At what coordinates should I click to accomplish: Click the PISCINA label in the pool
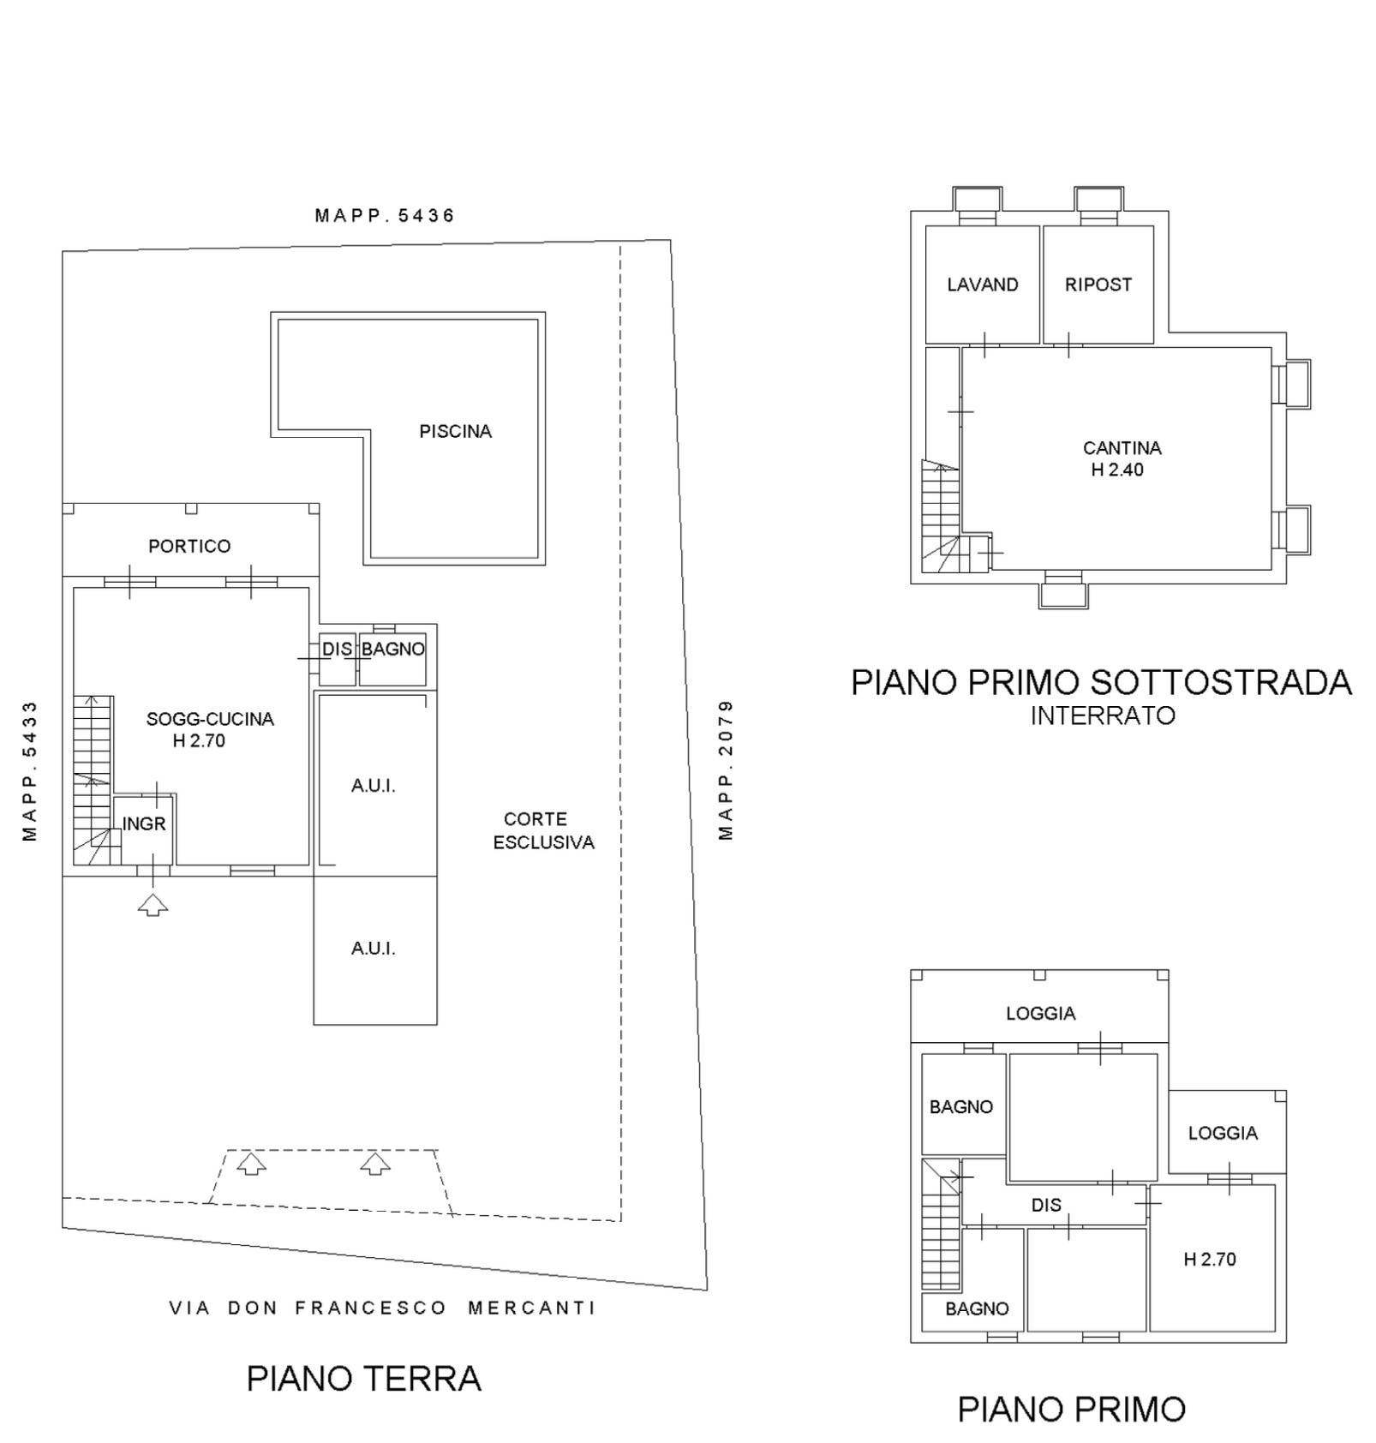pos(455,432)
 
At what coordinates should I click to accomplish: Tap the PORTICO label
pos(189,547)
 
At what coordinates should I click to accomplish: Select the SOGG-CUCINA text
pos(210,720)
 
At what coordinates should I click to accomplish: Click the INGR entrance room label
pos(144,824)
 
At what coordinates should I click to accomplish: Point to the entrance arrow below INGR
pos(153,904)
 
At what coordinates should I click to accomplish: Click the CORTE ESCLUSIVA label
pos(543,831)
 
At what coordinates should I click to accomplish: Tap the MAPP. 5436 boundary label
pos(384,216)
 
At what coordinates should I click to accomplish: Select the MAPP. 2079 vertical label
pos(726,770)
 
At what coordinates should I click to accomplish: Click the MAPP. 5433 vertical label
pos(30,771)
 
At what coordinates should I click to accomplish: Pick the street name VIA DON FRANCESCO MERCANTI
pos(381,1308)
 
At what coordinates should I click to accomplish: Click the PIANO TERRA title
pos(363,1379)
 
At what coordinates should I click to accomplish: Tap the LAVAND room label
pos(983,285)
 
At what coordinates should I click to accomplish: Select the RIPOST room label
pos(1098,285)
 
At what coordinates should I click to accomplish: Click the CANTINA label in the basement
pos(1122,448)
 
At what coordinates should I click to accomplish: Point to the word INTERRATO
pos(1103,716)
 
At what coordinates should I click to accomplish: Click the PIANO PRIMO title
pos(1071,1410)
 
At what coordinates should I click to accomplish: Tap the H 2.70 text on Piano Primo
pos(1210,1260)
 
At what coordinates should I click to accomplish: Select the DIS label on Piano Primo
pos(1046,1206)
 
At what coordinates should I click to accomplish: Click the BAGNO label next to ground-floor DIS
pos(392,650)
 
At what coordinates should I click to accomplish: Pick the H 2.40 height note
pos(1117,470)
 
